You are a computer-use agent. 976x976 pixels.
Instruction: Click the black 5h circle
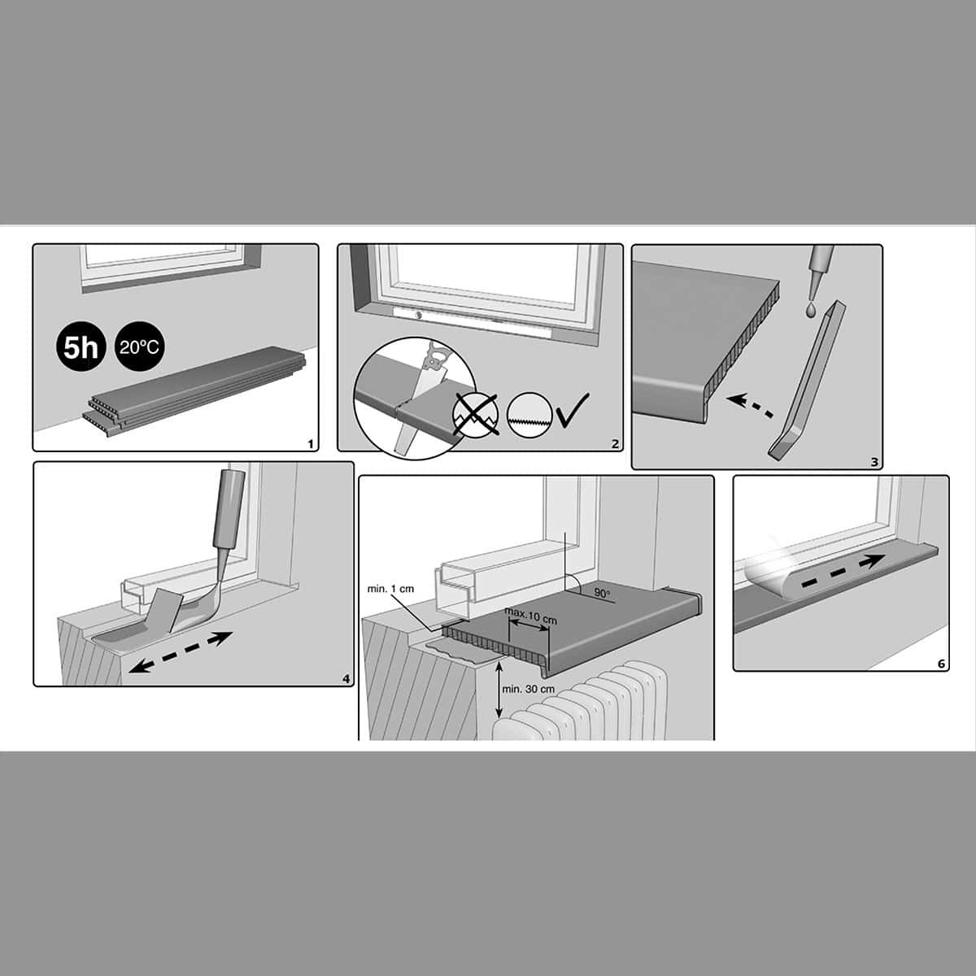[x=81, y=348]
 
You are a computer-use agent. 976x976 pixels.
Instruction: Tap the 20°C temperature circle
[x=140, y=347]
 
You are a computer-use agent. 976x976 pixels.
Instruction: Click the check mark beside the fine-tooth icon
[x=573, y=409]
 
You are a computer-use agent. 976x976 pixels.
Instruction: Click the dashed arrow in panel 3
[x=751, y=406]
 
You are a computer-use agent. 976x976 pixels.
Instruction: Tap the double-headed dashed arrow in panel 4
[x=180, y=651]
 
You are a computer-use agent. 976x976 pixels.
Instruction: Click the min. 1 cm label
[x=390, y=589]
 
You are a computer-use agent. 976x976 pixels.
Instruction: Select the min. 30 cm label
[x=529, y=689]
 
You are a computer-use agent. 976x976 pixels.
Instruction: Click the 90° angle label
[x=602, y=593]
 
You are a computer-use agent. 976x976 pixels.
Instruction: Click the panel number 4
[x=346, y=678]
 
